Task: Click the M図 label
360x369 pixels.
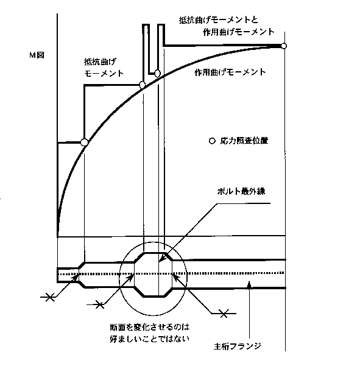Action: [37, 55]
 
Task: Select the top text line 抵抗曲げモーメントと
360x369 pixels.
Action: [219, 20]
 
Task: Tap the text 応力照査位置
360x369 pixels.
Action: [244, 141]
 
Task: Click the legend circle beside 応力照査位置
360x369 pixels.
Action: [212, 141]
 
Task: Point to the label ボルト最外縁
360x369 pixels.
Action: [241, 191]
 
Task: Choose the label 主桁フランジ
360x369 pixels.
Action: [238, 346]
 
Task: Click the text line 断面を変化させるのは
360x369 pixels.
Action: [150, 327]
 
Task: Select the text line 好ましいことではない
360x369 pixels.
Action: [149, 339]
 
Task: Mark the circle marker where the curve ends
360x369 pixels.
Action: [284, 46]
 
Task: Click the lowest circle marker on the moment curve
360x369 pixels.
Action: [84, 142]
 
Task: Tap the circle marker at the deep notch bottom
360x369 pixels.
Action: [157, 74]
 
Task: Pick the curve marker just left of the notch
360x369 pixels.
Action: [142, 85]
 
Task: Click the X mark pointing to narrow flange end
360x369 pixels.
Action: [50, 297]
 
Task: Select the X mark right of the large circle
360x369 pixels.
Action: [224, 314]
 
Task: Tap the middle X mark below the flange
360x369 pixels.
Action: [100, 304]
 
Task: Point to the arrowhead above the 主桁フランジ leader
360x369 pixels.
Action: [250, 284]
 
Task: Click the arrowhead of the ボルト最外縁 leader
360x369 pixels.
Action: [161, 259]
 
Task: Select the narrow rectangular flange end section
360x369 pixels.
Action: [68, 275]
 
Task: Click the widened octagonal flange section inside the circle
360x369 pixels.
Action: [154, 275]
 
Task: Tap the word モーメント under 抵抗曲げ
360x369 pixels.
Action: [104, 74]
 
